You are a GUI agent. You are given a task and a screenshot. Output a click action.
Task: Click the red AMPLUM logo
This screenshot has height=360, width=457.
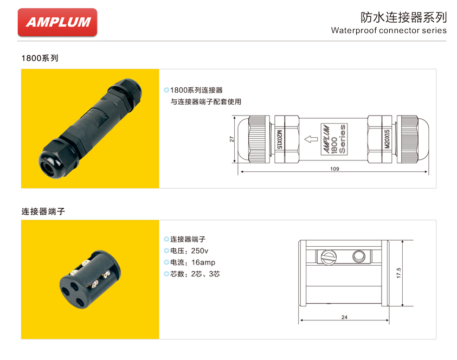[x=57, y=22]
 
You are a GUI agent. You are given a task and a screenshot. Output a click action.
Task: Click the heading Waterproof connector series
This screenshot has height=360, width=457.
[x=389, y=30]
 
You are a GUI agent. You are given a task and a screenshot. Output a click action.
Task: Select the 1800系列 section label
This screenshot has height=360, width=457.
[x=40, y=58]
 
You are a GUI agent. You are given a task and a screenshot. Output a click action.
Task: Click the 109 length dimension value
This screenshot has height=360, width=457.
[x=334, y=169]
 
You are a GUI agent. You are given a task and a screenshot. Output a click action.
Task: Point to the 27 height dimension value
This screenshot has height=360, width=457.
[x=231, y=139]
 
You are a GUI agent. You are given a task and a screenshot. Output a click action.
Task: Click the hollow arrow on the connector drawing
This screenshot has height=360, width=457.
[x=311, y=139]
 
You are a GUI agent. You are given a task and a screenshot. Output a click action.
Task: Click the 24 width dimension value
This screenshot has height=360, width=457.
[x=344, y=318]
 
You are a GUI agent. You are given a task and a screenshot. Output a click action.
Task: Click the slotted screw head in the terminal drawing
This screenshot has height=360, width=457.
[x=328, y=256]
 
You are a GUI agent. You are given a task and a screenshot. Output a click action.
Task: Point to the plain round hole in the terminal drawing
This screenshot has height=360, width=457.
[x=358, y=256]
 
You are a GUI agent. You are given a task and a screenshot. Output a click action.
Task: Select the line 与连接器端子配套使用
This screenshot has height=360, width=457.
[x=205, y=101]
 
